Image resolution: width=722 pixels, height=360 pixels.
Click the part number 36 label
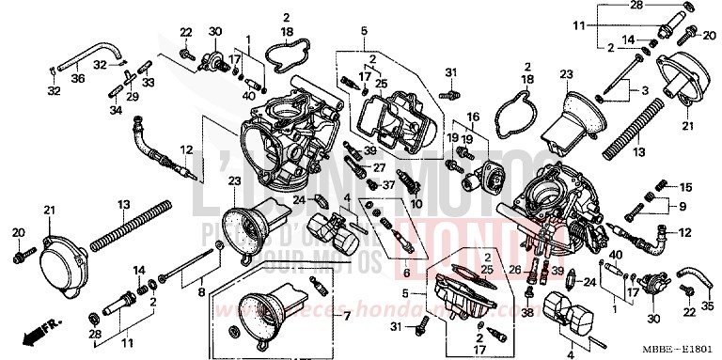pyautogui.click(x=77, y=78)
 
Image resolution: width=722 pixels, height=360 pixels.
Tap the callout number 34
pyautogui.click(x=115, y=110)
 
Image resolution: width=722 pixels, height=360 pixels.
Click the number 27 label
pyautogui.click(x=381, y=168)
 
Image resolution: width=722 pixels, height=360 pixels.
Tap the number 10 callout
pyautogui.click(x=416, y=203)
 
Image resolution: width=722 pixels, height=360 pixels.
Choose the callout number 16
pyautogui.click(x=472, y=117)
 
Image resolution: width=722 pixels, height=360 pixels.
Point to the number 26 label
pyautogui.click(x=514, y=269)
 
